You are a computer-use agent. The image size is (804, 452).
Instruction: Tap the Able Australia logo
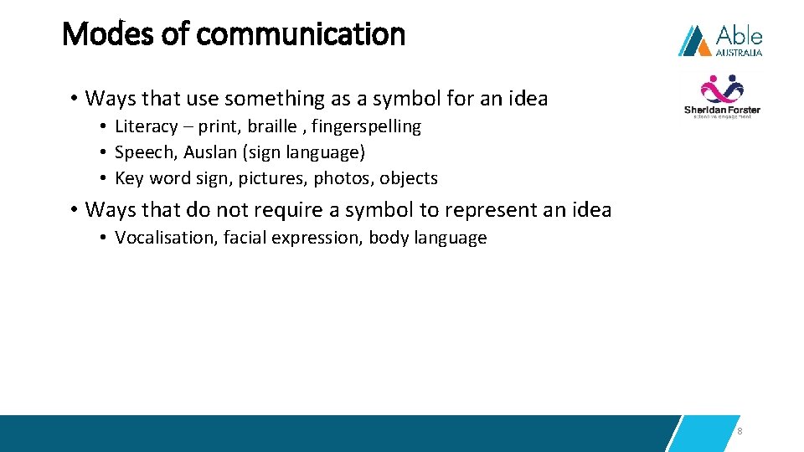click(x=720, y=40)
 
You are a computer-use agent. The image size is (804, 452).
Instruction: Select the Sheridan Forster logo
click(x=722, y=97)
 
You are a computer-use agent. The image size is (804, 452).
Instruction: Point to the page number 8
click(x=740, y=431)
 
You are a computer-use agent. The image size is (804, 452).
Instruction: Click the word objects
click(x=409, y=178)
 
